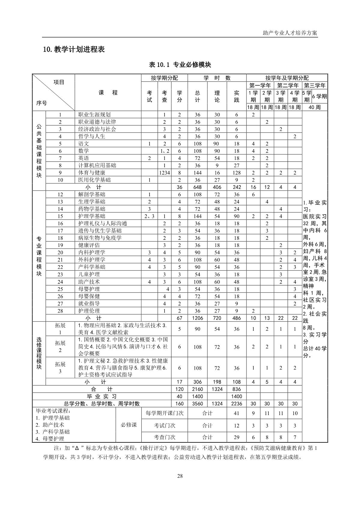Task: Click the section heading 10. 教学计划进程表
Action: coord(74,50)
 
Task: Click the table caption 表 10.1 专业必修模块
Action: coord(180,65)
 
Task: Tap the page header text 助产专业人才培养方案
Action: coord(290,33)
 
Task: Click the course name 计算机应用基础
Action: coord(97,165)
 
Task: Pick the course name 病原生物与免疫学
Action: coord(100,238)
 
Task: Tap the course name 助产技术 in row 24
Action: coord(89,282)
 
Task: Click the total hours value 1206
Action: coord(197,318)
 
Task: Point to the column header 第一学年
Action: coord(260,86)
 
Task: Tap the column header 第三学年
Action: coord(315,86)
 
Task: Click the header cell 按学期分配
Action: coord(164,78)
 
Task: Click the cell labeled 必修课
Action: coord(129,425)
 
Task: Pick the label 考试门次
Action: coord(165,426)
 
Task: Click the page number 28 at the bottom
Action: coord(180,476)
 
